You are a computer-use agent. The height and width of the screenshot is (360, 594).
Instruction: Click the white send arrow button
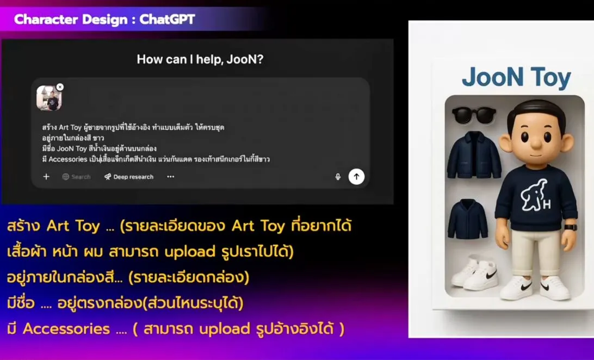(356, 176)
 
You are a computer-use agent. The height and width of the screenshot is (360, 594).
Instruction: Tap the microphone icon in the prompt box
(338, 177)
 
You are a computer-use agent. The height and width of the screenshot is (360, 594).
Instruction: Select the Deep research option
(129, 177)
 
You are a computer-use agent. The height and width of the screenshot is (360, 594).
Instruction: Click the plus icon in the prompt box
(46, 176)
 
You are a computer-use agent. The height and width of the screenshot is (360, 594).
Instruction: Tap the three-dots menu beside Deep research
(170, 176)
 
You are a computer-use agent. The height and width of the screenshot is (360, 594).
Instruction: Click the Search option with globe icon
(76, 177)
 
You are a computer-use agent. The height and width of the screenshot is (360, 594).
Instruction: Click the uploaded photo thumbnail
(49, 98)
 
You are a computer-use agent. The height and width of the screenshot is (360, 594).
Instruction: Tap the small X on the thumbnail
(60, 87)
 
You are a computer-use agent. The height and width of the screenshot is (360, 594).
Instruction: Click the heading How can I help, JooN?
(200, 59)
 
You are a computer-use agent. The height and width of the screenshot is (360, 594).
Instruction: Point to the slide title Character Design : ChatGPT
(104, 20)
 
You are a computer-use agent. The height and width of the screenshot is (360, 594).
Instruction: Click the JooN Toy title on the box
(516, 78)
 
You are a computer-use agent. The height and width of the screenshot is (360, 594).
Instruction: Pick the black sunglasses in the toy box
(474, 115)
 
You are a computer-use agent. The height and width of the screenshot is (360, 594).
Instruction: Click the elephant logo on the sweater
(535, 195)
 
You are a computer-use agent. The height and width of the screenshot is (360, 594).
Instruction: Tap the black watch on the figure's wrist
(571, 227)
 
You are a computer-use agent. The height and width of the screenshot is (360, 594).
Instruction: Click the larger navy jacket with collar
(474, 154)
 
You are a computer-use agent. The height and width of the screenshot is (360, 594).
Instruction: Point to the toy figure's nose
(536, 142)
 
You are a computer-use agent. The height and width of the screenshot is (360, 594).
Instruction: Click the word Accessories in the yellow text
(66, 328)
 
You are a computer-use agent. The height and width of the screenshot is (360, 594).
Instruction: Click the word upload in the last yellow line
(225, 329)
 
